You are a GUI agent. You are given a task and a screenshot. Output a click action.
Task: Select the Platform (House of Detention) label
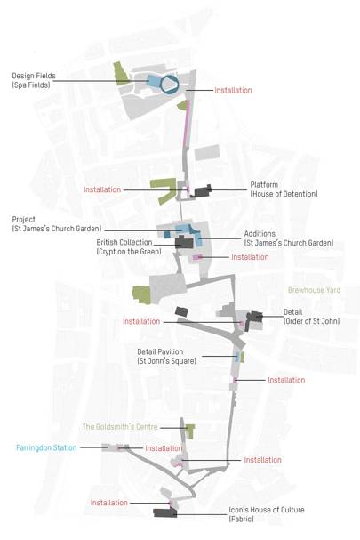284,189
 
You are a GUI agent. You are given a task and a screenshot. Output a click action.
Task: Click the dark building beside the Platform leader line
203,190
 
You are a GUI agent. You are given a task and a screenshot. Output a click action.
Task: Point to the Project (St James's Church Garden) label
57,224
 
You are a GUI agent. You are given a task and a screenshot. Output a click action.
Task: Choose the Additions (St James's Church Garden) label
289,238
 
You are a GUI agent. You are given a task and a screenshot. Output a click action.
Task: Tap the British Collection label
124,242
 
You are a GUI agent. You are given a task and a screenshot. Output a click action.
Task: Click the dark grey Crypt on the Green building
184,243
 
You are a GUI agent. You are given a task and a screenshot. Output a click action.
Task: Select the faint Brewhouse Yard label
314,290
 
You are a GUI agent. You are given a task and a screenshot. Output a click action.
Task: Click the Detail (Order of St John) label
311,317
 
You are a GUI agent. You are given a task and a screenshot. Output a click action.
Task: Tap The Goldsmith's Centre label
120,427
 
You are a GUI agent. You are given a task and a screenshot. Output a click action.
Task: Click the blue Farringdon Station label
46,447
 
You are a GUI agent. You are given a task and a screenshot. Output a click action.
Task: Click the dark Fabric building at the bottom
164,512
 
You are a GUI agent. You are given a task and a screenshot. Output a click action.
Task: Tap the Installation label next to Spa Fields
234,90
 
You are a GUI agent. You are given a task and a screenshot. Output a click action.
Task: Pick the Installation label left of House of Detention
102,189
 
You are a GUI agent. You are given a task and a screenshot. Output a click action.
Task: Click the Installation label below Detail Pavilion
286,380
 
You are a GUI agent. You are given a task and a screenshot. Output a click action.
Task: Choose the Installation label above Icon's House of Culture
109,503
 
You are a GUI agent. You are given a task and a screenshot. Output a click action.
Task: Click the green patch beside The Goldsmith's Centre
190,431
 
